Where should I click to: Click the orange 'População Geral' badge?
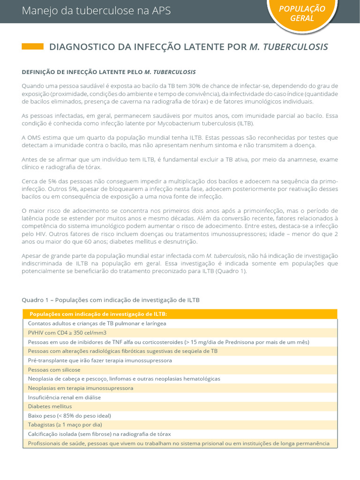coord(308,14)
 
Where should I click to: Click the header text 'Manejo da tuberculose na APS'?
coord(96,11)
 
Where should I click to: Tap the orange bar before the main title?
coord(33,46)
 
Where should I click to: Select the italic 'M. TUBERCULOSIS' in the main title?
coord(289,47)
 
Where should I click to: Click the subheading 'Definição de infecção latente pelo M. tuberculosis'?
coord(109,72)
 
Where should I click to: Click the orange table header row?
coord(180,314)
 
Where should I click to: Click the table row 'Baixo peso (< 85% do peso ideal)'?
coord(69,415)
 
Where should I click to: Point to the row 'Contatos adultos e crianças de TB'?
coord(97,323)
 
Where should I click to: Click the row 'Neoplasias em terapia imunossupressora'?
coord(81,388)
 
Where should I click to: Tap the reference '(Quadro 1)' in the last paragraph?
coord(231,271)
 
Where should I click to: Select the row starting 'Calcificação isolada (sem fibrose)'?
coord(99,434)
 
